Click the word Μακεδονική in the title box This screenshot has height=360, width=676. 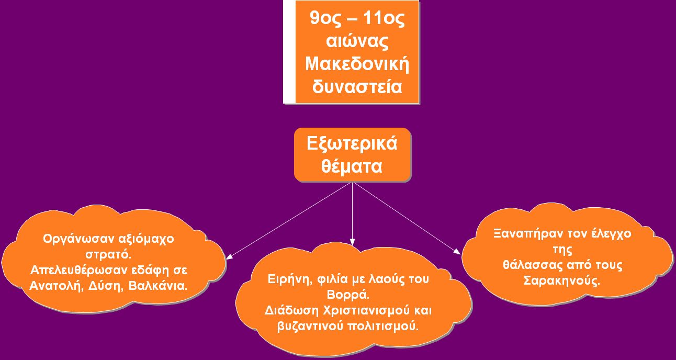point(357,64)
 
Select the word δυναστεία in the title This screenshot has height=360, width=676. point(357,86)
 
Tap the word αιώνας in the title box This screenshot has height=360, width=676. point(357,41)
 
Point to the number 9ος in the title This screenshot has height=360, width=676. point(325,18)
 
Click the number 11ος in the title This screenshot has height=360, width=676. point(384,18)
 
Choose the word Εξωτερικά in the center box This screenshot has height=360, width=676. point(352,143)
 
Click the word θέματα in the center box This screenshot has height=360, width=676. point(352,166)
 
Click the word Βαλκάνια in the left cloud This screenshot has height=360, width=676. point(158,286)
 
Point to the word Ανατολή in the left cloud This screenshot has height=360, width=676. point(56,286)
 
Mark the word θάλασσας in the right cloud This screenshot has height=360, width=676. point(533,265)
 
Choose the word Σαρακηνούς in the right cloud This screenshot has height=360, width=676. point(561,281)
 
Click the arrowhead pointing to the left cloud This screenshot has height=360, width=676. point(230,256)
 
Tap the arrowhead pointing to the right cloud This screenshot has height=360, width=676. point(457,252)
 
